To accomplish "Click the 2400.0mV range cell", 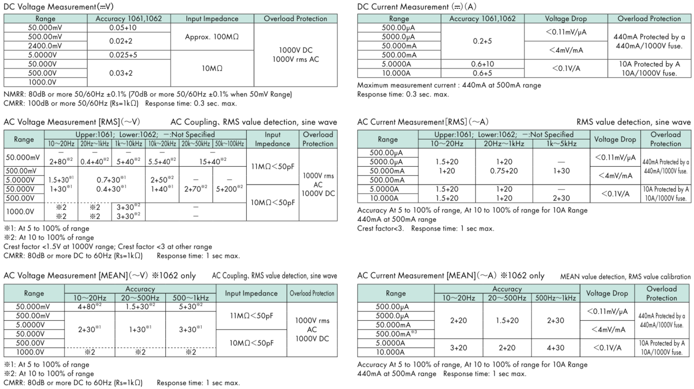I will [46, 46].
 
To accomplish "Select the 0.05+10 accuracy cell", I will [123, 28].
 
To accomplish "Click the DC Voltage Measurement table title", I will [59, 7].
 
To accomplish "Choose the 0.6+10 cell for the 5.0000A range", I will [482, 64].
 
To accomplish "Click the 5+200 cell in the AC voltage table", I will [229, 189].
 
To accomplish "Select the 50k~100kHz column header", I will [229, 144].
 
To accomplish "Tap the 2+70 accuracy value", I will [197, 189].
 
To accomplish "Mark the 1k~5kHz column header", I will [561, 144].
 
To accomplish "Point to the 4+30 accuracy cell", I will [555, 348].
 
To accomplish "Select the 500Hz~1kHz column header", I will [555, 298].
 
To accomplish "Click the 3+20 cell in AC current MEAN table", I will [459, 348].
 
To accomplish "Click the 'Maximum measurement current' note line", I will [449, 85].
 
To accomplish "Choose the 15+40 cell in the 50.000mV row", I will [213, 162].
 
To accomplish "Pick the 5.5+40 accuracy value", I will [162, 162].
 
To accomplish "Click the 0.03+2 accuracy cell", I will [123, 73].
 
